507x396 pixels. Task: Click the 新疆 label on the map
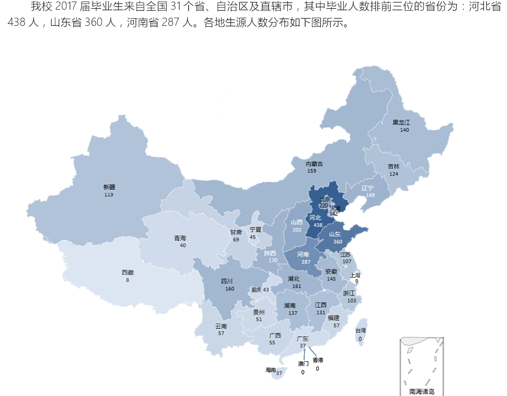tap(109, 187)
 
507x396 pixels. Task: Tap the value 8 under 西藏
tap(128, 280)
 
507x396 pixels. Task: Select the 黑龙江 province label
tap(401, 122)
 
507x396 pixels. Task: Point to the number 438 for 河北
tap(318, 225)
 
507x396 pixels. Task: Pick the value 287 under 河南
tap(306, 262)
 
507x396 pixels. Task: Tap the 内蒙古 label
tap(314, 164)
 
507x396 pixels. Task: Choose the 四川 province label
tap(226, 281)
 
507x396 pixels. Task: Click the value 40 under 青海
tap(183, 245)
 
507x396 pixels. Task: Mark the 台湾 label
tap(360, 330)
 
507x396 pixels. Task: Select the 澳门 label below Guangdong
tap(303, 363)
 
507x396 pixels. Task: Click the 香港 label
tap(318, 360)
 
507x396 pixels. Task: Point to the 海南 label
tap(271, 370)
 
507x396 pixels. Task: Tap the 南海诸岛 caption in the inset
tap(419, 391)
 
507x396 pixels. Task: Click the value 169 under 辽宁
tap(370, 195)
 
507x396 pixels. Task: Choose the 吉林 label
tap(393, 166)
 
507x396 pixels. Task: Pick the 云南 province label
tap(221, 326)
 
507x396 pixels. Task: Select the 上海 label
tap(355, 275)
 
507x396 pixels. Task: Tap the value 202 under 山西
tap(296, 229)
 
